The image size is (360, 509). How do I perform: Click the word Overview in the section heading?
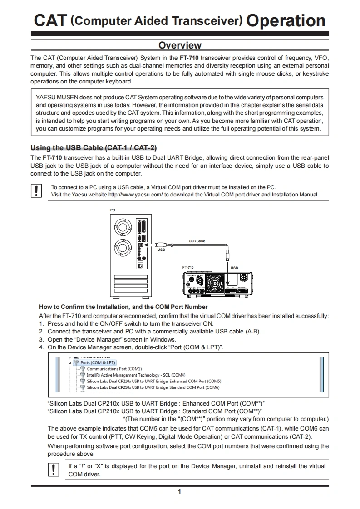click(180, 45)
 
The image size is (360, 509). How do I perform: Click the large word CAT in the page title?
click(50, 20)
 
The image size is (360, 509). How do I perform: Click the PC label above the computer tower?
click(113, 210)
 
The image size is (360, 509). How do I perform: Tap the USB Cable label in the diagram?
click(197, 241)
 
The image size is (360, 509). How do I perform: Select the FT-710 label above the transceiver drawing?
click(188, 268)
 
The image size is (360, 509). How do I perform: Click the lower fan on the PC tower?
click(123, 248)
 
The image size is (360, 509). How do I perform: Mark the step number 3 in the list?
click(41, 339)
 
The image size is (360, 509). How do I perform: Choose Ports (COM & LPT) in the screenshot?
click(98, 363)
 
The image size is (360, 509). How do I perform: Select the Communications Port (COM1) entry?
click(114, 369)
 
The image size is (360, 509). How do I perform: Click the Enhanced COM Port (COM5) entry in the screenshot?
click(154, 381)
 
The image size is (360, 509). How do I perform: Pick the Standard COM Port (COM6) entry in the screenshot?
click(153, 387)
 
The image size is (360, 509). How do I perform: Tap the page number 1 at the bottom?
click(180, 492)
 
